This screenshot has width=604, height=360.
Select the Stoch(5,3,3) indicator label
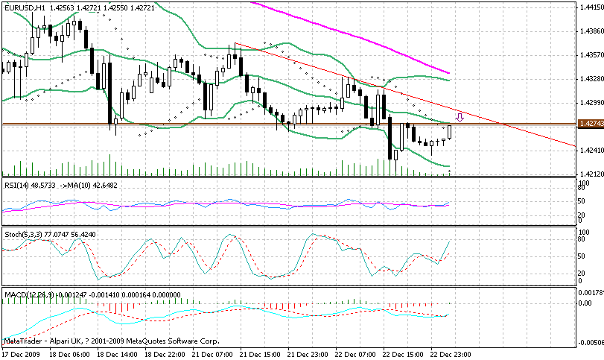pyautogui.click(x=23, y=234)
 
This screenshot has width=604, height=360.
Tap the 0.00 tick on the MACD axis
pyautogui.click(x=586, y=304)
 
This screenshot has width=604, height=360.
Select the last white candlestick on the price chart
pyautogui.click(x=450, y=133)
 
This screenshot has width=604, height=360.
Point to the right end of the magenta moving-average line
pyautogui.click(x=449, y=73)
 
